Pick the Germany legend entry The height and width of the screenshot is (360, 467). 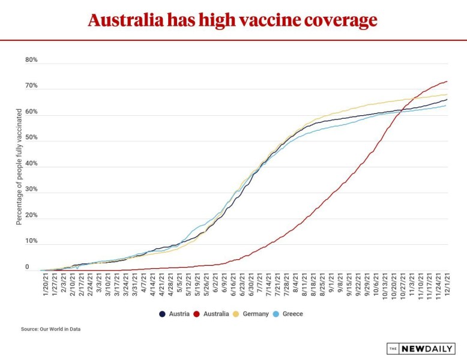point(252,314)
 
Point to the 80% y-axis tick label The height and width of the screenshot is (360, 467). point(31,60)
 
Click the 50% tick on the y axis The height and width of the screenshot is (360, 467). point(31,138)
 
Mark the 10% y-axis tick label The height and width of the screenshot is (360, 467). point(31,241)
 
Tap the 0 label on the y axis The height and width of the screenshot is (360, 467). point(27,267)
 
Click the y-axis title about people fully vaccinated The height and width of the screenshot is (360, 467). point(19,166)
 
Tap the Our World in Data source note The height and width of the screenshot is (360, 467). point(50,329)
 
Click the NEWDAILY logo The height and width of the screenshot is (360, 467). point(424,349)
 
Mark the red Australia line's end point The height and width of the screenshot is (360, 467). point(447,82)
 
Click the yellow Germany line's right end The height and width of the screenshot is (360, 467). point(447,94)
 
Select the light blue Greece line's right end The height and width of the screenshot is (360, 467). point(447,106)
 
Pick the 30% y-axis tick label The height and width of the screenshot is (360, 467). point(31,190)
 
